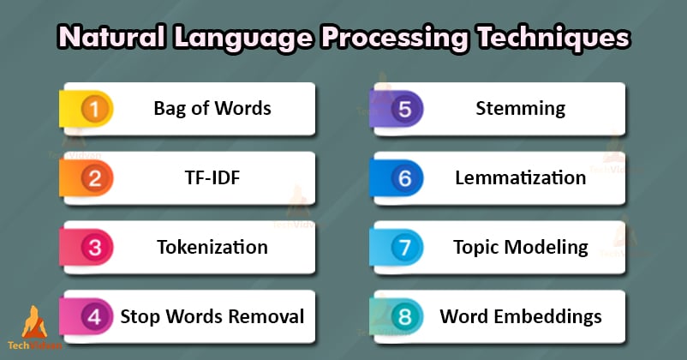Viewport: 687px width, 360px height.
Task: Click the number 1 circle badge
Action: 96,109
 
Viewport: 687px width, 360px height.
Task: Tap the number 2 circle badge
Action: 96,178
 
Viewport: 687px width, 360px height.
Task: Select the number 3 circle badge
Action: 96,248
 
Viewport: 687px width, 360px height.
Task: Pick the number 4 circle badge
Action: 96,317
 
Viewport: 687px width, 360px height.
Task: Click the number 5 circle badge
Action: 405,109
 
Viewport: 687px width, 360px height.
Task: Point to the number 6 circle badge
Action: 405,178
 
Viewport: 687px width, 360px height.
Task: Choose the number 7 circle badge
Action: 405,248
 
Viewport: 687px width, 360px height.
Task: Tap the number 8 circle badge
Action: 405,317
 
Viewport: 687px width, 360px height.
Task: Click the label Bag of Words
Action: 212,109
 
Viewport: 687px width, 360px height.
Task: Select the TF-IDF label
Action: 212,178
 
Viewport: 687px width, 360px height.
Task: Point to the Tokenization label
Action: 212,248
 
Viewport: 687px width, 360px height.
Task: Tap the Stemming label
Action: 521,109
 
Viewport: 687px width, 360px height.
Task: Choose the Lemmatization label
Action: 521,178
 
